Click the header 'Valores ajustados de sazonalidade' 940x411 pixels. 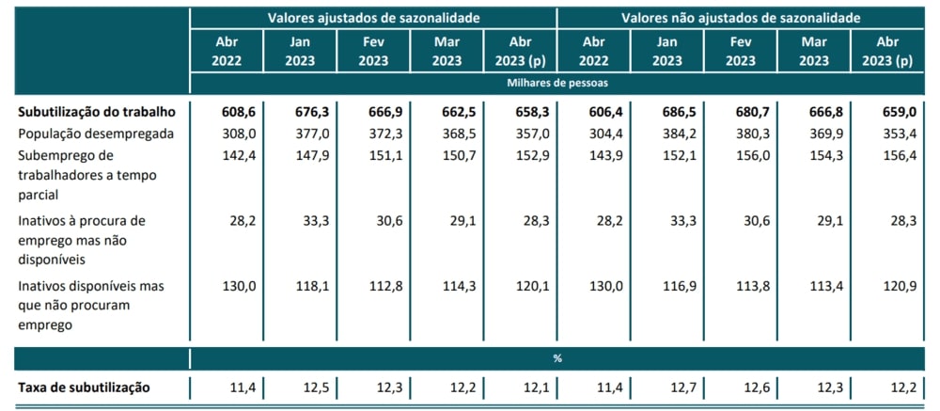point(373,18)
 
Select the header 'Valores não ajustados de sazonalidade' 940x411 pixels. point(742,18)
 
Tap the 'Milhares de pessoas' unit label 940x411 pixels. point(556,83)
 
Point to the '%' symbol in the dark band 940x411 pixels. point(556,359)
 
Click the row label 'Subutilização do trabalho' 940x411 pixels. point(97,111)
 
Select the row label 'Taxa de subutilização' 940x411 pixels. point(85,387)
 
